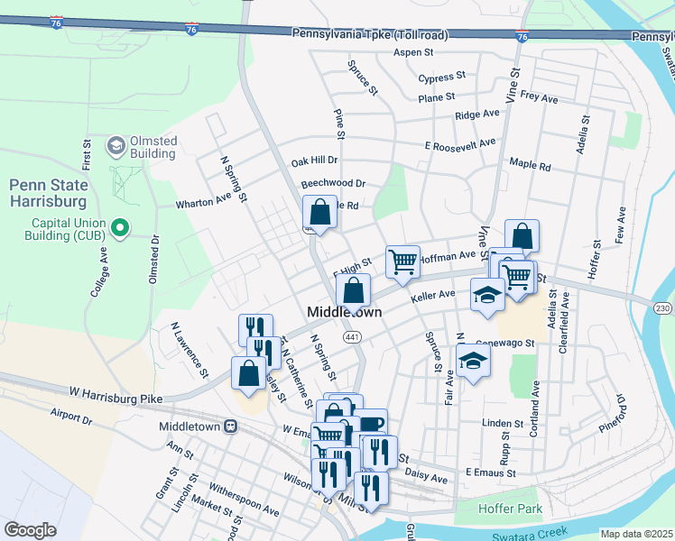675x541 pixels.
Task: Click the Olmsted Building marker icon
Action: pyautogui.click(x=116, y=145)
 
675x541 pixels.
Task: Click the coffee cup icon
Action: pyautogui.click(x=371, y=424)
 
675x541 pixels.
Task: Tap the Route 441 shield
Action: pyautogui.click(x=350, y=336)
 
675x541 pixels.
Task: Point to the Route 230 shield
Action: pyautogui.click(x=662, y=308)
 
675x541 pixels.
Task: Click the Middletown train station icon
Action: pyautogui.click(x=231, y=426)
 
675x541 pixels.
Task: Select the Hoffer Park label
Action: pyautogui.click(x=511, y=509)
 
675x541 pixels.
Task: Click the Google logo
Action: pyautogui.click(x=30, y=530)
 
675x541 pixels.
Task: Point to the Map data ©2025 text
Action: pyautogui.click(x=637, y=534)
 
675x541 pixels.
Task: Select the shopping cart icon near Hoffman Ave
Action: pyautogui.click(x=402, y=261)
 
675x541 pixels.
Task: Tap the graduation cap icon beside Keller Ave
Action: pyautogui.click(x=487, y=295)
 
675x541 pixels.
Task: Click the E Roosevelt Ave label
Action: pyautogui.click(x=460, y=144)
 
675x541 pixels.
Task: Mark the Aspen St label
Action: pyautogui.click(x=413, y=53)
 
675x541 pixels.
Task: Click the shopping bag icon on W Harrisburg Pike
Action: pyautogui.click(x=248, y=373)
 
